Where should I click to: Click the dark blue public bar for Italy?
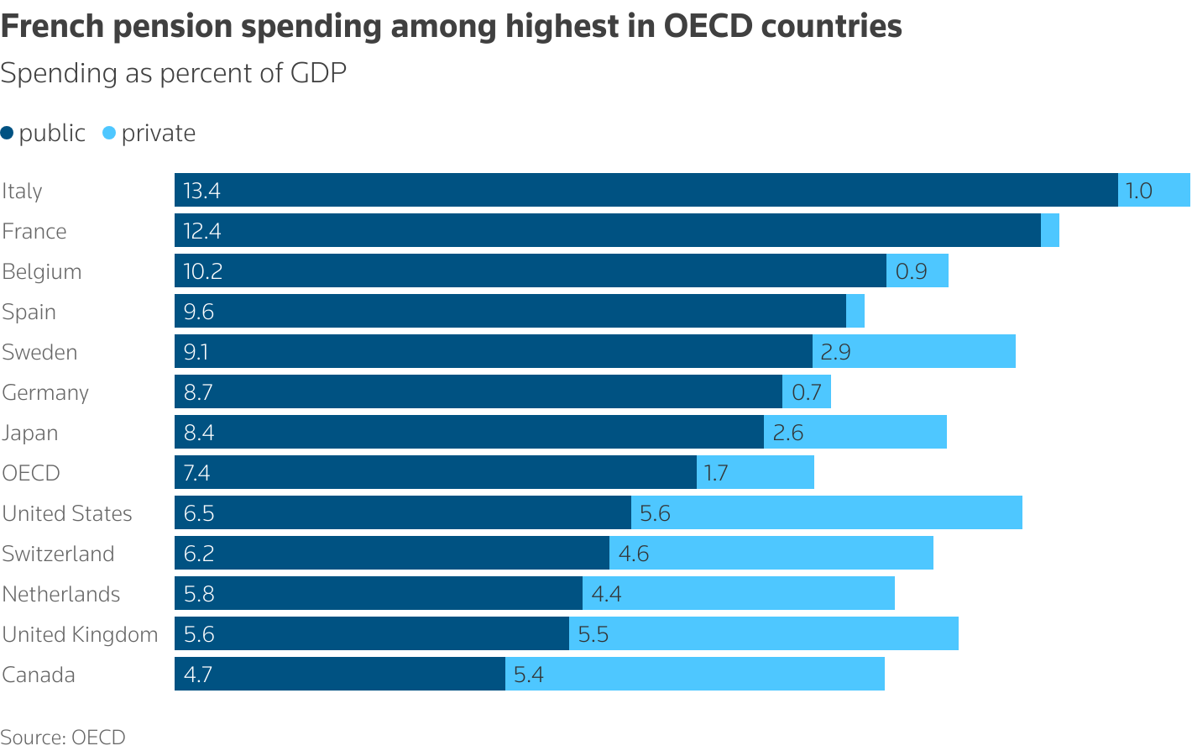click(x=646, y=190)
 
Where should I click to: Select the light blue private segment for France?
click(x=1050, y=230)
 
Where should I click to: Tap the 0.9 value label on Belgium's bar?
click(x=912, y=271)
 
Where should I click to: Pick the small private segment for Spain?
click(x=855, y=311)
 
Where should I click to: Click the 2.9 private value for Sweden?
click(x=835, y=352)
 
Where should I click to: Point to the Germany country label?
click(x=45, y=392)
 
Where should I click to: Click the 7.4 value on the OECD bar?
click(x=196, y=473)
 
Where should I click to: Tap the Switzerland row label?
click(x=58, y=554)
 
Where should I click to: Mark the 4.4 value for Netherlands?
click(x=606, y=594)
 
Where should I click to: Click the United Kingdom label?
click(x=80, y=634)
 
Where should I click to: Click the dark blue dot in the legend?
click(x=8, y=133)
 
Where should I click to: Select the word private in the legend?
click(x=158, y=133)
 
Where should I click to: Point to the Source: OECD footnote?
click(x=63, y=737)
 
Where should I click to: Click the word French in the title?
click(x=52, y=26)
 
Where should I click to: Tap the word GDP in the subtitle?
click(x=318, y=73)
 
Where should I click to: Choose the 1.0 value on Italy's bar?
click(x=1139, y=191)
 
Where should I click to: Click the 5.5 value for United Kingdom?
click(x=593, y=634)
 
